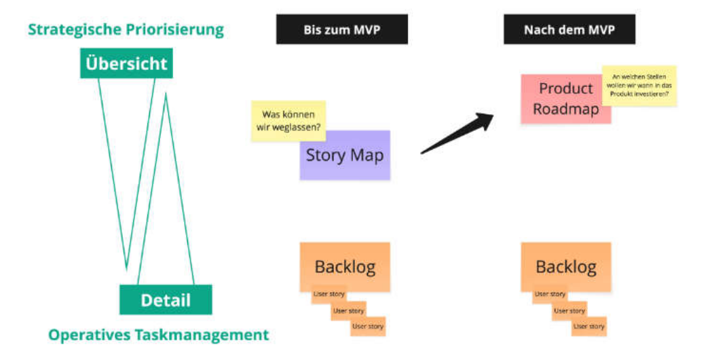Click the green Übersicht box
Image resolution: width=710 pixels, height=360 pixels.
pos(126,64)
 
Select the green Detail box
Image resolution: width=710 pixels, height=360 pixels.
pos(166,300)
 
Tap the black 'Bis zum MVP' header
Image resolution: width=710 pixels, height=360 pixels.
pos(341,31)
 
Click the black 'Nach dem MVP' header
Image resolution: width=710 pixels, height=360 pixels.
pos(569,31)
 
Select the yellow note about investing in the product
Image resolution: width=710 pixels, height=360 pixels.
pos(640,86)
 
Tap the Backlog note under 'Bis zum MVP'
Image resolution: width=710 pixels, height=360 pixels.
pos(345,266)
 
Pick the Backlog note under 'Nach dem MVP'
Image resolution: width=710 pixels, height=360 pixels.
pos(565,266)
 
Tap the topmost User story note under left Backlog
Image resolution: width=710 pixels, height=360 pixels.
pos(329,295)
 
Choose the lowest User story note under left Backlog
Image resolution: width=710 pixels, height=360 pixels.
pos(367,327)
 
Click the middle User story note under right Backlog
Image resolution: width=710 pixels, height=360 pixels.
pos(569,311)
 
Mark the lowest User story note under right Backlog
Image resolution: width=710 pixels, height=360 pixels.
pos(588,327)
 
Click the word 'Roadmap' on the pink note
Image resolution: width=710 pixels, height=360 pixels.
pos(565,109)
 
